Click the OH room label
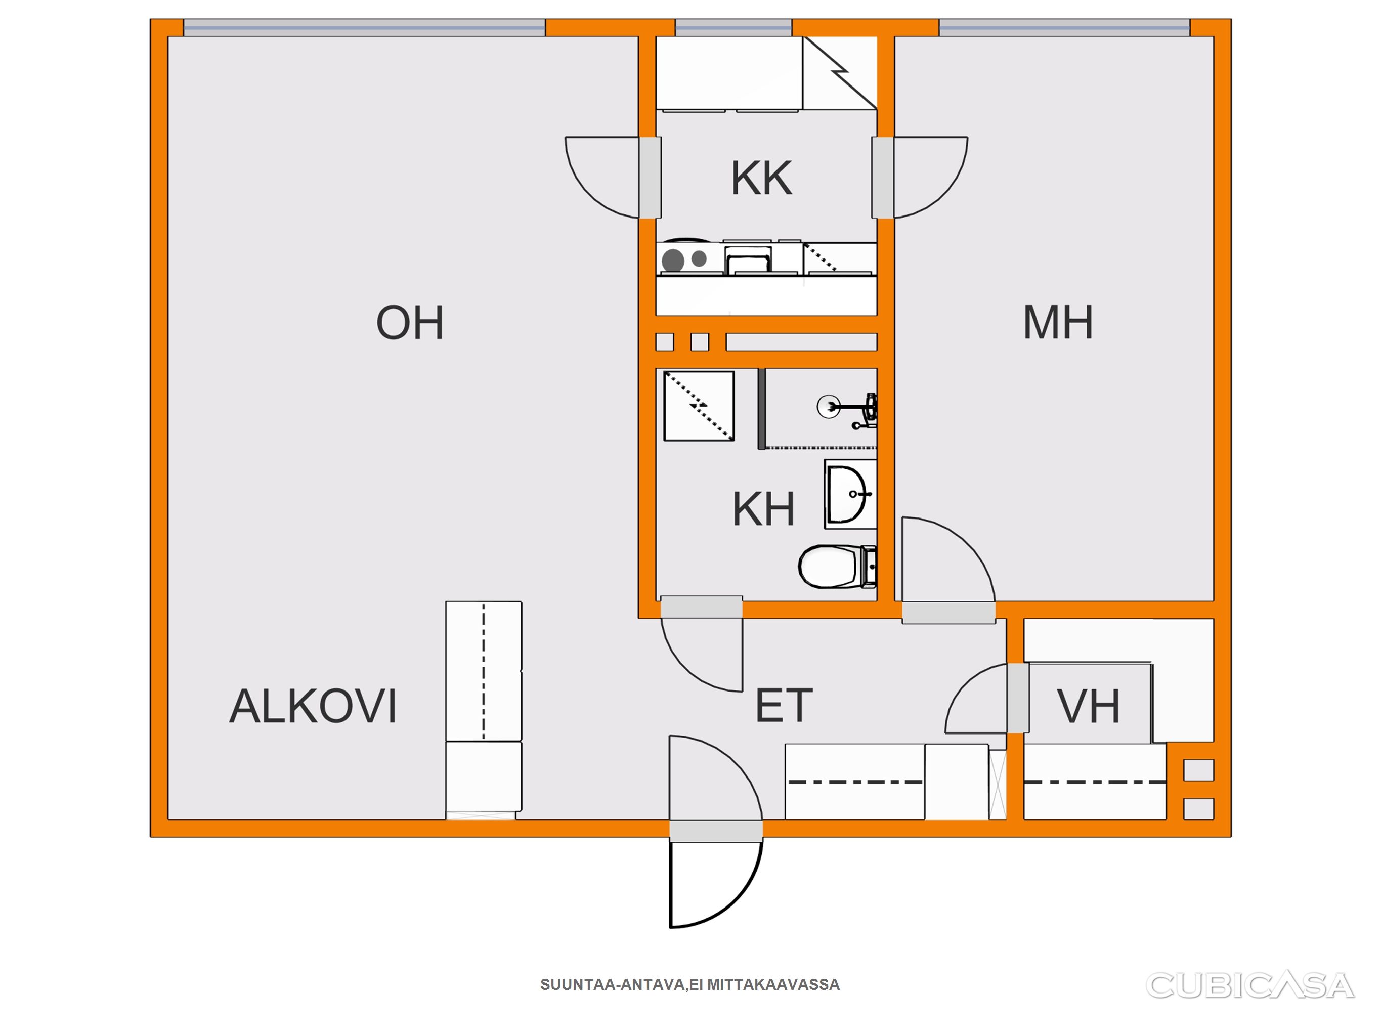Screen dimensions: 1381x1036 [x=410, y=322]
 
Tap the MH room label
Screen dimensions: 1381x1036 [x=1058, y=322]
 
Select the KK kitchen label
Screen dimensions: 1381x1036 [x=762, y=178]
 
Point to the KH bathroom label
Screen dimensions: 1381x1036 [x=763, y=509]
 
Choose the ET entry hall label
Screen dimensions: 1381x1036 [x=784, y=706]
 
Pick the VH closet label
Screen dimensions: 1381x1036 [x=1088, y=706]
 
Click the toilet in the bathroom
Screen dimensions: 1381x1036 [x=837, y=567]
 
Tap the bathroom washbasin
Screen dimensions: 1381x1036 [x=850, y=494]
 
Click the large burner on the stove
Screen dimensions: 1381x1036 [x=673, y=260]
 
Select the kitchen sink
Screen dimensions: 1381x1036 [x=748, y=260]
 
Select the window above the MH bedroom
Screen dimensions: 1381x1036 [x=1064, y=27]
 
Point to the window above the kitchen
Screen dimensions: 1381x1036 [x=733, y=27]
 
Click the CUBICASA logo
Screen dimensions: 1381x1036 [x=1250, y=985]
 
